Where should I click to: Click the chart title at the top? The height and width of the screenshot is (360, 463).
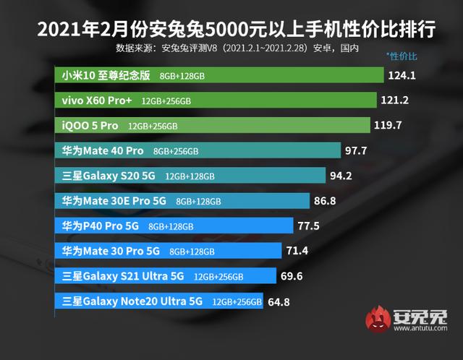tap(231, 29)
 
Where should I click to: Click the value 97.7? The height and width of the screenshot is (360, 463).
tap(359, 150)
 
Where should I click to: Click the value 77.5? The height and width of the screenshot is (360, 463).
tap(308, 226)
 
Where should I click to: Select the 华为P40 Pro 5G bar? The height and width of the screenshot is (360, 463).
tap(174, 226)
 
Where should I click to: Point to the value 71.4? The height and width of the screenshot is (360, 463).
tap(297, 251)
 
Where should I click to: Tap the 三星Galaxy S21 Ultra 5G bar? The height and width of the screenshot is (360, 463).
tap(166, 275)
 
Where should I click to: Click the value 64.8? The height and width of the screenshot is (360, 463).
tap(280, 301)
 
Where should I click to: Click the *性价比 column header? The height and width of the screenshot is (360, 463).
tap(402, 55)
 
